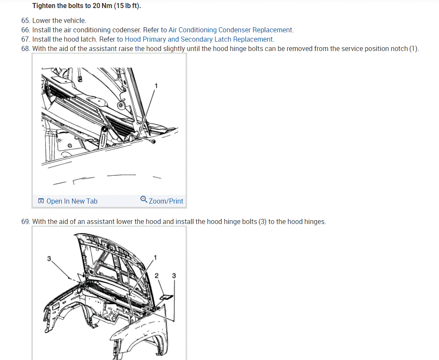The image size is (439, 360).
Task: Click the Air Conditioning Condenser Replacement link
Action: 230,30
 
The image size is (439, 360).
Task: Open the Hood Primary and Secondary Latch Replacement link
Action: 199,39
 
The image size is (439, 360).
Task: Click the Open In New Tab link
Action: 72,201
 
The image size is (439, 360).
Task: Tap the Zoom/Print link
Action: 166,201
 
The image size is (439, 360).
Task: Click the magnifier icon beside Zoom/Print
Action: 144,199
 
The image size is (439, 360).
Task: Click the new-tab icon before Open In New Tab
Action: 41,201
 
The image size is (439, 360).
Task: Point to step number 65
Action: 25,21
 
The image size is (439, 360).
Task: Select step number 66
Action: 25,30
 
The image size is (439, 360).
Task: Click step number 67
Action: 25,39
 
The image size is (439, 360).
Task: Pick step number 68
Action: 25,49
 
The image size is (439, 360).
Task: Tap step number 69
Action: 25,222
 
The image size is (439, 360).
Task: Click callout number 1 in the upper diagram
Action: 156,86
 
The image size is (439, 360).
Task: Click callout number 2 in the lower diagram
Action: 156,276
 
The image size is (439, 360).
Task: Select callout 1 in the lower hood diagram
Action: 155,257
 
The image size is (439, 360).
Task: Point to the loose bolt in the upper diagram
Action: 153,142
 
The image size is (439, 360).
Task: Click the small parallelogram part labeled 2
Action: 166,297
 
